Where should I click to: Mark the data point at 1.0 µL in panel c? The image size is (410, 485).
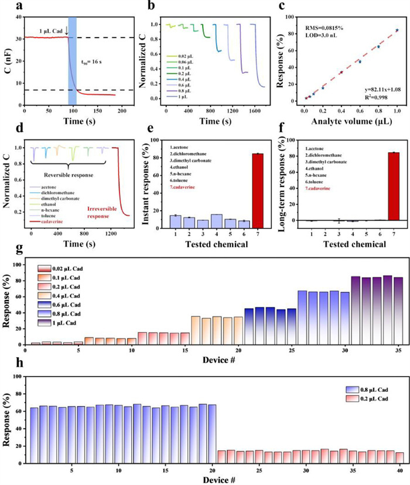[397, 30]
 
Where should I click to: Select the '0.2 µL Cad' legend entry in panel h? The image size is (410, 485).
[373, 398]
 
